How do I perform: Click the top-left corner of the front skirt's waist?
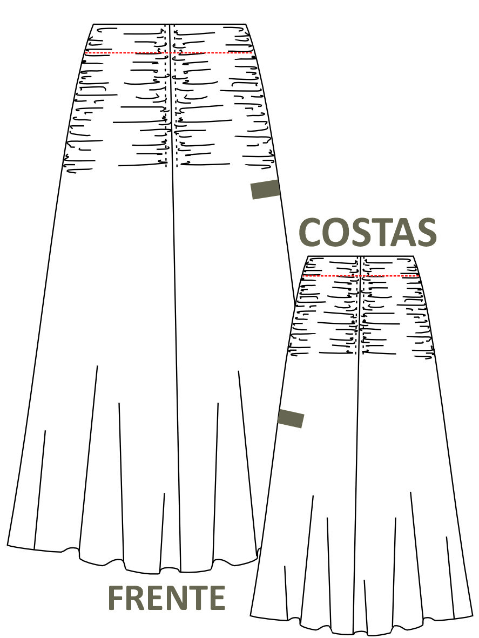tap(93, 24)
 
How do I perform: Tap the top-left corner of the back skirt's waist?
tap(308, 256)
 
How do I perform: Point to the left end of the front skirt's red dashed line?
tap(85, 53)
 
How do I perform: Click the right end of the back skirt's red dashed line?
tap(419, 276)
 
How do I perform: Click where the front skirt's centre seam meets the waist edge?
tap(170, 24)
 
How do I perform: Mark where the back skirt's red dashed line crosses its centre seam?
tap(361, 276)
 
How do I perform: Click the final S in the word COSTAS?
tap(425, 232)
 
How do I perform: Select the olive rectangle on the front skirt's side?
tap(266, 189)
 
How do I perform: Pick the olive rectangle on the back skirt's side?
tap(291, 419)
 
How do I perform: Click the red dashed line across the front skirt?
tap(169, 53)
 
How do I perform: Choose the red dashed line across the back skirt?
tap(361, 276)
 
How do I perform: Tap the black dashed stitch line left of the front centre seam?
tap(166, 95)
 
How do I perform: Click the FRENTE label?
tap(167, 598)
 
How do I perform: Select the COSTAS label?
tap(368, 232)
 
